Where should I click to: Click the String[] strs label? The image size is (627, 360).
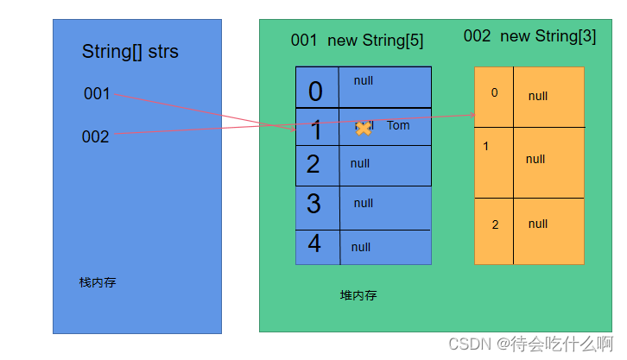130,52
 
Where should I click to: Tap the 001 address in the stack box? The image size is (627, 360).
97,93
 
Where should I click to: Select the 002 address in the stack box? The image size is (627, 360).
96,136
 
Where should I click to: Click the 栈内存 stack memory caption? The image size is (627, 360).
97,282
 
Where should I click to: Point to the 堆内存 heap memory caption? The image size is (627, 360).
358,295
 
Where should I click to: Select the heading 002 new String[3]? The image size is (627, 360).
529,36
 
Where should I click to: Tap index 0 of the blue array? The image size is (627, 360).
315,91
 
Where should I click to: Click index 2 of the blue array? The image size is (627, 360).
313,164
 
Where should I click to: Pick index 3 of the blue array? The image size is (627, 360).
313,204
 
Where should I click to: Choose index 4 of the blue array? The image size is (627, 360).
314,244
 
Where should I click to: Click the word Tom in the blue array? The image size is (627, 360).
398,126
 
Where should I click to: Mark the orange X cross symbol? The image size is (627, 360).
364,128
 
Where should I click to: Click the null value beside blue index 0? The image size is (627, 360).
364,80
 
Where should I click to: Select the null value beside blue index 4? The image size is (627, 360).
361,247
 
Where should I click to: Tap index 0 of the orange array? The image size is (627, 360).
494,92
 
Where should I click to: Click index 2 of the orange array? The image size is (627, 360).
495,224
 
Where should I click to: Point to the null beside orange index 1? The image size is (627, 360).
535,159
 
